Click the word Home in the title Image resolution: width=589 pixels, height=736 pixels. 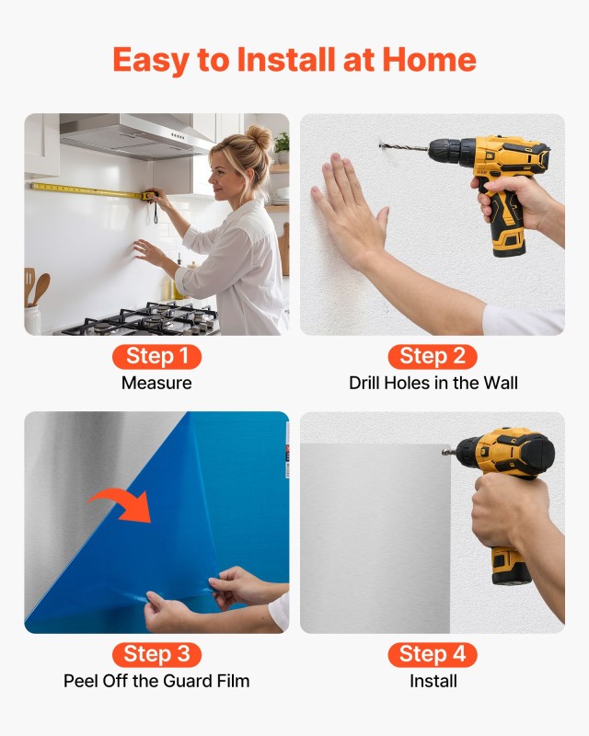[429, 60]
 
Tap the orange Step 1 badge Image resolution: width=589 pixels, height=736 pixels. [156, 356]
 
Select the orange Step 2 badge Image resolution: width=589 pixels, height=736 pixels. [433, 356]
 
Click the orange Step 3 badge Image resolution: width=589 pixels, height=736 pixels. [156, 654]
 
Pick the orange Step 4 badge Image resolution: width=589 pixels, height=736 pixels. [433, 654]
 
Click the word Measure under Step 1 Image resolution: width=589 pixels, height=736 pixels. [156, 383]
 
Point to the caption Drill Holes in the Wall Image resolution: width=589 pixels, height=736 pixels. [433, 383]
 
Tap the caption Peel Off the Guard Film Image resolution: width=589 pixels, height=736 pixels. [156, 681]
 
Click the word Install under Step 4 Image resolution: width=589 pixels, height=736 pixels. [433, 681]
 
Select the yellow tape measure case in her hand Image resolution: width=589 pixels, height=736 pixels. [150, 196]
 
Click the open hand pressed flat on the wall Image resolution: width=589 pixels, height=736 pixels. [350, 212]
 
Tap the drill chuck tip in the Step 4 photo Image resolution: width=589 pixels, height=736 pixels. [445, 452]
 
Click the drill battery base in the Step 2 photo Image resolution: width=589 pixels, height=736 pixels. [509, 240]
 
